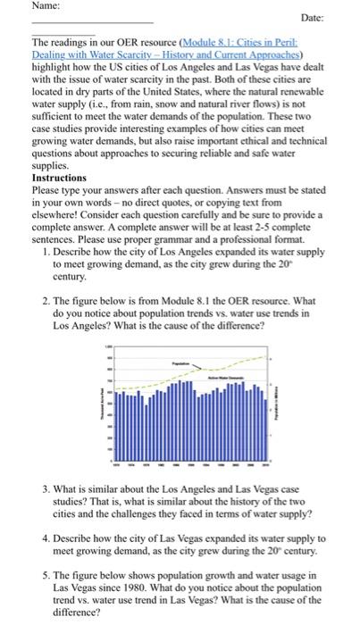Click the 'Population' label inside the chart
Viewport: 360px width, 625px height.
(x=182, y=365)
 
